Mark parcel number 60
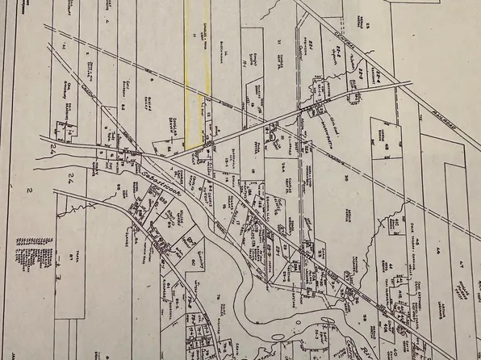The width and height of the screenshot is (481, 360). point(193,262)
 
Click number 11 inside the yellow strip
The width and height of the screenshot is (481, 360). point(194,36)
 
